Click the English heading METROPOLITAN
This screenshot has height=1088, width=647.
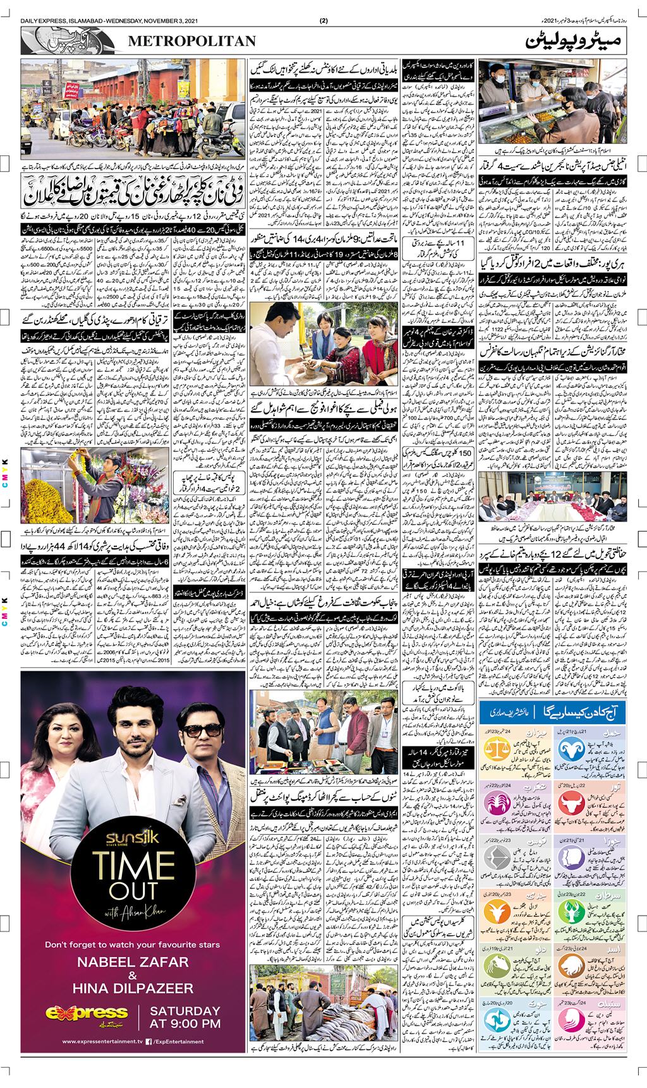tap(192, 41)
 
